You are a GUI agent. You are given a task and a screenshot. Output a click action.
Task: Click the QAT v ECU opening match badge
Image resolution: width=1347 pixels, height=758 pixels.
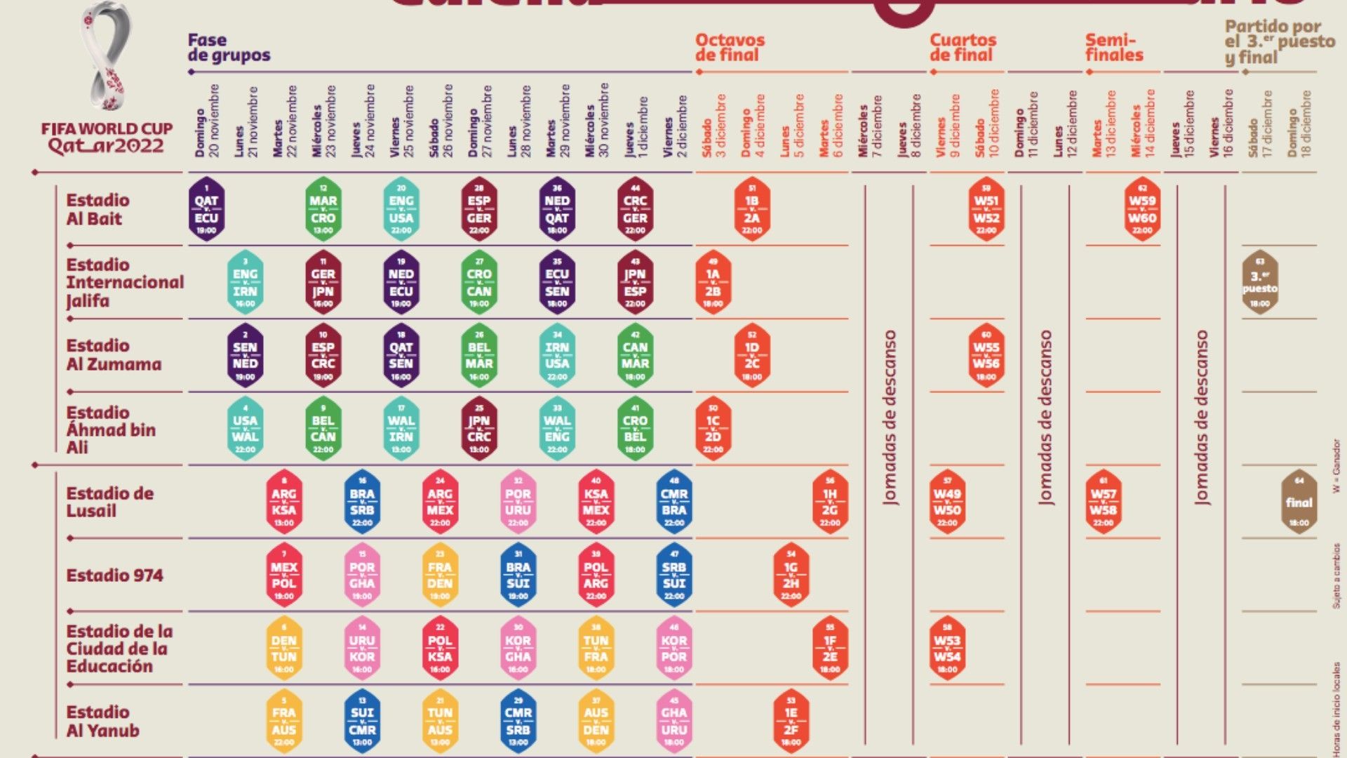point(206,209)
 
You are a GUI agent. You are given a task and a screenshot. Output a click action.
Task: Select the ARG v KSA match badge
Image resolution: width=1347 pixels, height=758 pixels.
point(284,502)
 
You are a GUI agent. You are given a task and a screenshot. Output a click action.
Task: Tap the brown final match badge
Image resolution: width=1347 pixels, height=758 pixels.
point(1299,502)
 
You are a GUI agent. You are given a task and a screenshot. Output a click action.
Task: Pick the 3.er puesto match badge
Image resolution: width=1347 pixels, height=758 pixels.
point(1259,282)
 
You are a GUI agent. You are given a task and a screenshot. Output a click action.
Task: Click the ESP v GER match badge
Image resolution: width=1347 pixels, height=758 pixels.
point(479,209)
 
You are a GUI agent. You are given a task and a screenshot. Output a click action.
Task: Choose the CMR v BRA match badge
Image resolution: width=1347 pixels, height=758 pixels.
point(674,502)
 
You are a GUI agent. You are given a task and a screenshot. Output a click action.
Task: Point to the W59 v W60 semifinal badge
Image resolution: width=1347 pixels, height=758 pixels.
point(1142,209)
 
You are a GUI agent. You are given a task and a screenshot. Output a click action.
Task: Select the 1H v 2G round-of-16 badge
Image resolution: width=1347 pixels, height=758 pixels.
point(830,502)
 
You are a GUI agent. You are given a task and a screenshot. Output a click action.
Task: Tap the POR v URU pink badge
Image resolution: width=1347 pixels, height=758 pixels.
point(518,502)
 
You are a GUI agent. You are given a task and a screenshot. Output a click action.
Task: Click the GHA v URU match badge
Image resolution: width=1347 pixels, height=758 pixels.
point(674,721)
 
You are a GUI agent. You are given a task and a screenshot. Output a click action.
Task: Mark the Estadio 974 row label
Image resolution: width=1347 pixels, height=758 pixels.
point(114,576)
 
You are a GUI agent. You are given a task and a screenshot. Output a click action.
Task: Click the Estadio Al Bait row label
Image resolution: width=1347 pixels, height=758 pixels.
point(98,209)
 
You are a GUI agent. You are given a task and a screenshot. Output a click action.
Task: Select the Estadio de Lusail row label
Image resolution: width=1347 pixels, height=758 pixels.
point(109,502)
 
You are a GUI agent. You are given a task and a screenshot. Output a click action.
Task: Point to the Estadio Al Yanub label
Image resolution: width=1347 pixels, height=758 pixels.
point(102,721)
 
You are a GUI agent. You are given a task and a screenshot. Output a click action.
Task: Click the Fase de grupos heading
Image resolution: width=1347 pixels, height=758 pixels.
point(229,48)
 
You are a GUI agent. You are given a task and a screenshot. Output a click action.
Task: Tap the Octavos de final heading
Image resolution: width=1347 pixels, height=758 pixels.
point(730,48)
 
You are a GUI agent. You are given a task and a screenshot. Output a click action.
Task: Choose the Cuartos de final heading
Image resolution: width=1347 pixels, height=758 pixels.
point(963,48)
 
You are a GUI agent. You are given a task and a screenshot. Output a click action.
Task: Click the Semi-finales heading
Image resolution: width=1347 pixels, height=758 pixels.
point(1114,48)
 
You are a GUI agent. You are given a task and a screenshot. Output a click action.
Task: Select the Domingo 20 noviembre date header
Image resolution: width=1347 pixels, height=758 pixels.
point(207,121)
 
